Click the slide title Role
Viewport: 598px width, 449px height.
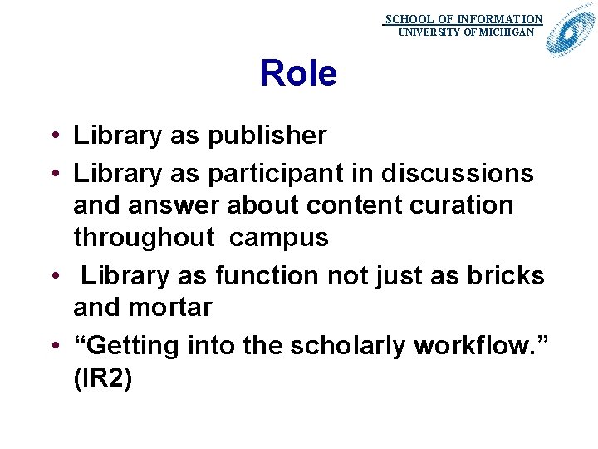coord(298,74)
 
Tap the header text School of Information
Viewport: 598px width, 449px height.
coord(463,19)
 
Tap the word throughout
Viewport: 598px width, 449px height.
coord(144,238)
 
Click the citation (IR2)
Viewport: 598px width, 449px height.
coord(103,377)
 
